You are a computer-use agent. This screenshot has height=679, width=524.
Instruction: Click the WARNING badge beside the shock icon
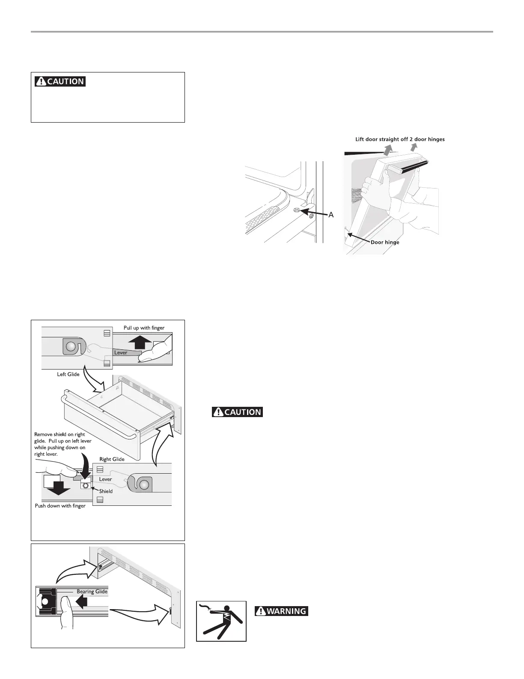pos(281,611)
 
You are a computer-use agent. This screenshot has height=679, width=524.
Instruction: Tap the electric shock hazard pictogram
pos(221,621)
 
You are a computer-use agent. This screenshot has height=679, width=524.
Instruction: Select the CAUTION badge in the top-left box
pos(60,81)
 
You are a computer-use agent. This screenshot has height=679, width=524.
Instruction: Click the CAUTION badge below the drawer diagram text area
pos(238,412)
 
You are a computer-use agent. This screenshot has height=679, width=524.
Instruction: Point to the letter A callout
pos(331,215)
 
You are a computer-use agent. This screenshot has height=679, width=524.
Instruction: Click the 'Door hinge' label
pos(385,242)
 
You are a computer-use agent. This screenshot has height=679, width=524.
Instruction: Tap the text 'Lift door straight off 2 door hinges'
pos(400,139)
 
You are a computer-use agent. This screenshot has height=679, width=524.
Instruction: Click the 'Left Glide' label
pos(68,374)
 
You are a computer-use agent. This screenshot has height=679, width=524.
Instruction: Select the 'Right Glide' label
pos(112,459)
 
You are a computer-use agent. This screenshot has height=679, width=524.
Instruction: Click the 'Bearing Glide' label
pos(92,592)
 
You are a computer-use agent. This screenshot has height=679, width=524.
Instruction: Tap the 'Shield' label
pos(106,491)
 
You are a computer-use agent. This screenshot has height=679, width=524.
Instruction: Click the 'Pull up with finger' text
pos(144,328)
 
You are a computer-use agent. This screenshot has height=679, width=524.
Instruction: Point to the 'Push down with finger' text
pos(60,506)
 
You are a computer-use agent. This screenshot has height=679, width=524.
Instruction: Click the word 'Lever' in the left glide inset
pos(121,352)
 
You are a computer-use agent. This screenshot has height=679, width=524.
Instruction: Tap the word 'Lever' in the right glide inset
pos(105,479)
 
